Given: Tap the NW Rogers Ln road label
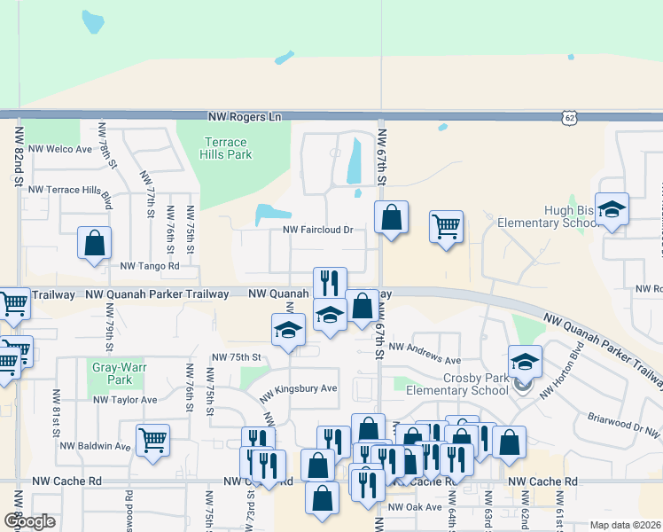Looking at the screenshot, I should click(245, 116).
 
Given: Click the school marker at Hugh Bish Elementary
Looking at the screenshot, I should click(612, 210).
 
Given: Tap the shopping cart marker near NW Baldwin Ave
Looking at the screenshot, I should click(153, 439).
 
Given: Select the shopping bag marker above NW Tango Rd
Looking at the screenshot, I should click(94, 243).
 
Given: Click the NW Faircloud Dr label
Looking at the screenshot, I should click(317, 230).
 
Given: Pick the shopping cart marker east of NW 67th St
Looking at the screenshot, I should click(447, 226).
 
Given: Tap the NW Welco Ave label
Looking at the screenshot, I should click(60, 149).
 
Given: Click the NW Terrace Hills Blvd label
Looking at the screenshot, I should click(71, 190).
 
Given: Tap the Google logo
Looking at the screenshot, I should click(29, 521).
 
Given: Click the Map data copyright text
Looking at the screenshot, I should click(624, 525).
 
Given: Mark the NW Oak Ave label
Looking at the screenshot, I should click(415, 507).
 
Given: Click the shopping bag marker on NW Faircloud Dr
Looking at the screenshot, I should click(391, 216).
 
